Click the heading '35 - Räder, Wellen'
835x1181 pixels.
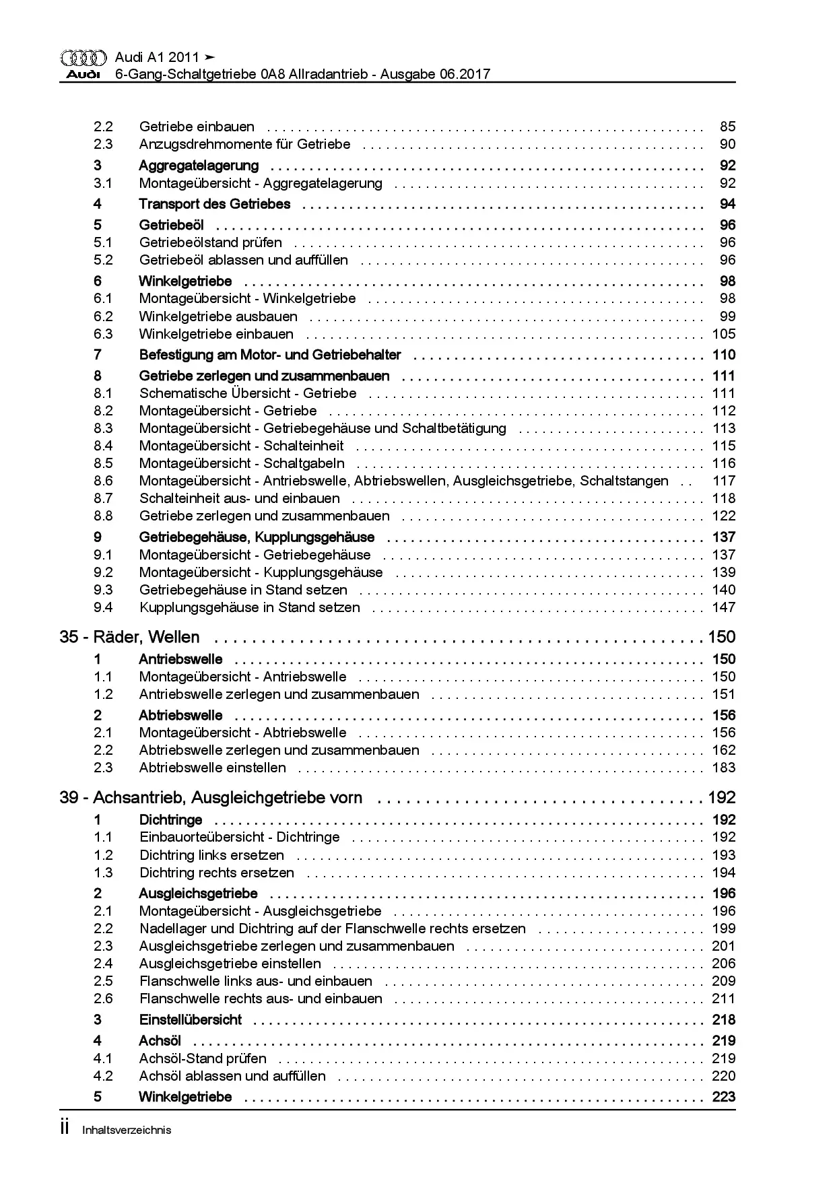tap(129, 637)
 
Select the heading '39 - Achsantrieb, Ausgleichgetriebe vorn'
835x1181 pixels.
tap(211, 798)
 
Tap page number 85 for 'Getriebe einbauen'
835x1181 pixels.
tap(727, 127)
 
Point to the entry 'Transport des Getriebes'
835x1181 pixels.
tap(214, 204)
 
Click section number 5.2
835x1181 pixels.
tap(103, 260)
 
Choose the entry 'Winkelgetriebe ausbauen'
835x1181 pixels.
tap(218, 316)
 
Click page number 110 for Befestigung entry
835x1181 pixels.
tap(724, 355)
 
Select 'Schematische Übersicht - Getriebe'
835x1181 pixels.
tap(248, 393)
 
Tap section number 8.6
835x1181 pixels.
tap(103, 481)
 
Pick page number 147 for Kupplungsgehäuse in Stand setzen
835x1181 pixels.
tap(724, 607)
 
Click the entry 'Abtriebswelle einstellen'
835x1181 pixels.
tap(212, 768)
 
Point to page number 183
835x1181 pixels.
tap(724, 768)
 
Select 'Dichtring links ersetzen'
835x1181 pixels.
tap(211, 855)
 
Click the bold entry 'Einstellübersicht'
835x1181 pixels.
tap(190, 1019)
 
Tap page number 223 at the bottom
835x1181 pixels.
tap(724, 1097)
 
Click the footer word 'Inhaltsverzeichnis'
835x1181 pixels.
tap(127, 1131)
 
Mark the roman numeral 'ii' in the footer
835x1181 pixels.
tap(65, 1128)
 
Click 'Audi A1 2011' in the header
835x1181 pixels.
tap(157, 57)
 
